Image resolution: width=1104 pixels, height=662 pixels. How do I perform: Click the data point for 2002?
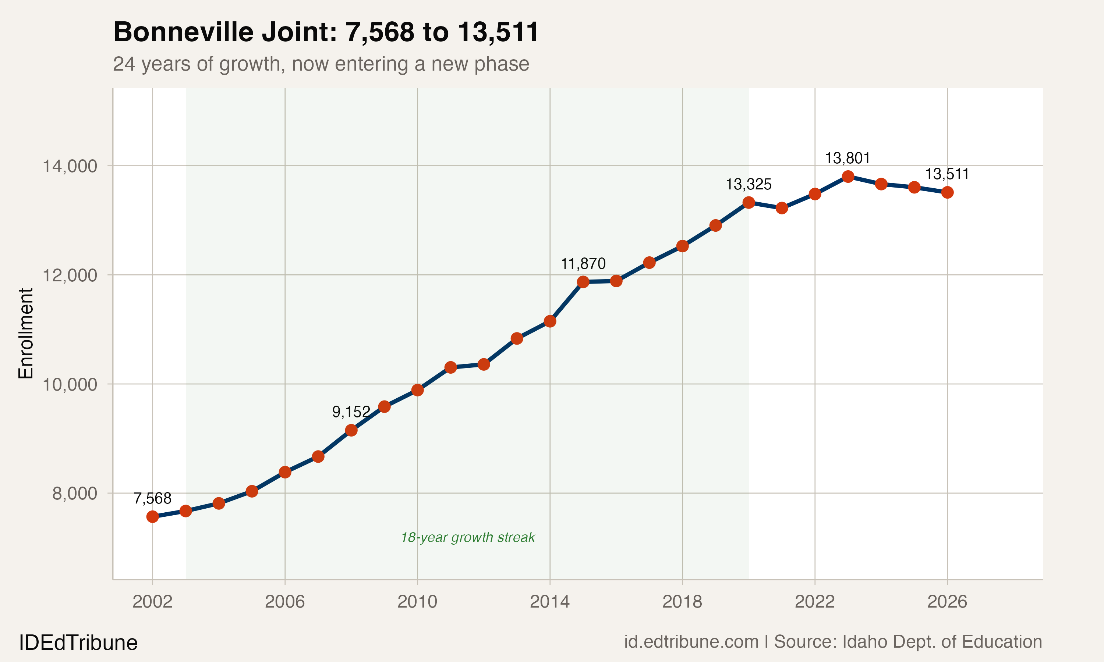(x=153, y=517)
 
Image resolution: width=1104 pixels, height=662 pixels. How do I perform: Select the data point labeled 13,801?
(x=848, y=177)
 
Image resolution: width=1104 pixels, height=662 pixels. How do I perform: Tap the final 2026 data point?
(x=947, y=192)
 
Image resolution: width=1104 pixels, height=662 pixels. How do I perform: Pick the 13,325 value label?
(x=749, y=184)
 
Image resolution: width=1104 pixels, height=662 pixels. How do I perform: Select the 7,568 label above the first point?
(x=153, y=498)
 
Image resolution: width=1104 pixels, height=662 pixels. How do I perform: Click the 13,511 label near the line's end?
(x=947, y=174)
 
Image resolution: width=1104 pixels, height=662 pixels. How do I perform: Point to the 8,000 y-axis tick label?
(x=75, y=494)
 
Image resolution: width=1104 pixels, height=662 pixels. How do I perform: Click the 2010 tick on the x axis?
(x=417, y=602)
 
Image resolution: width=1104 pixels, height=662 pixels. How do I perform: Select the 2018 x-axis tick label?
(x=682, y=602)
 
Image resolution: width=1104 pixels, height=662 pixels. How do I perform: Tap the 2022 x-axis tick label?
(x=814, y=602)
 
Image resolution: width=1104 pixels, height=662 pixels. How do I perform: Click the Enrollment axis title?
(x=26, y=333)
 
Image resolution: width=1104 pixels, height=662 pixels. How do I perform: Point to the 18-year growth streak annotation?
(x=468, y=537)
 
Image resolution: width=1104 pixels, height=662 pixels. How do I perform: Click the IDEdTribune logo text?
(x=78, y=643)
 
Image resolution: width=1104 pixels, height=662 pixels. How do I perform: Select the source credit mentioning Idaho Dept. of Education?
(x=833, y=642)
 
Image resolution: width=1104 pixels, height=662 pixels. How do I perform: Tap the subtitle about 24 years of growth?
(x=321, y=64)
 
